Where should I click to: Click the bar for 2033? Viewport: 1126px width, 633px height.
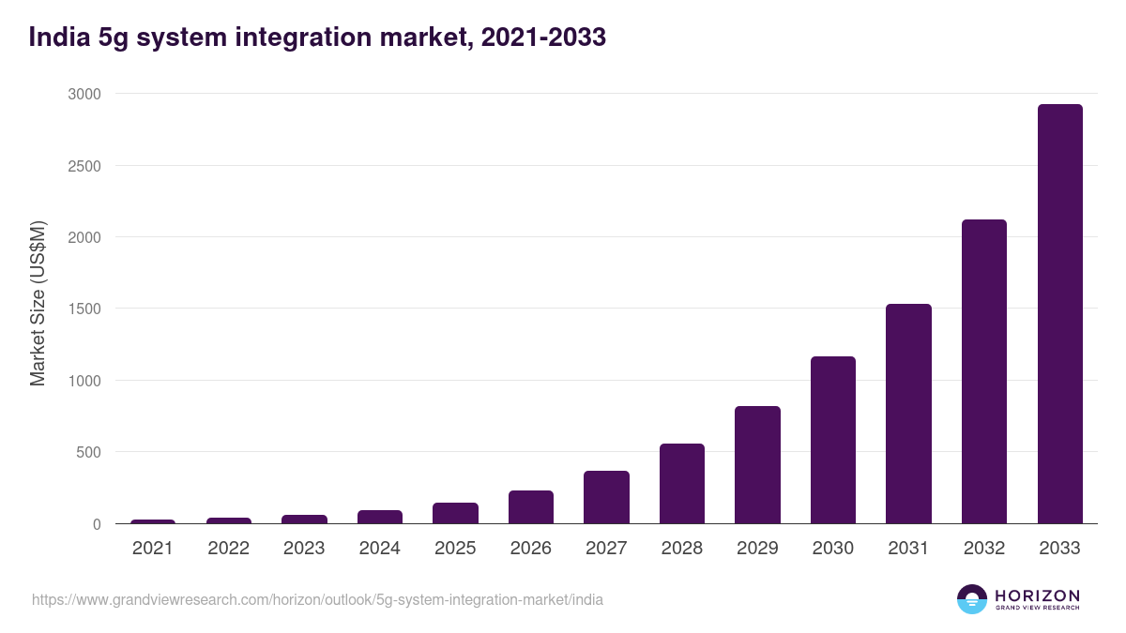click(x=1059, y=314)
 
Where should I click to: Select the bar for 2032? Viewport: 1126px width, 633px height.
click(x=983, y=371)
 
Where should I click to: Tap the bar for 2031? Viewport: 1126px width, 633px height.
click(x=908, y=414)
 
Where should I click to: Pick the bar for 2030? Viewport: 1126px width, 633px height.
click(x=832, y=440)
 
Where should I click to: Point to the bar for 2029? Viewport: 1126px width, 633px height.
click(x=757, y=464)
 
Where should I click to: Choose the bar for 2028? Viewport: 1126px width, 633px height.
click(x=681, y=483)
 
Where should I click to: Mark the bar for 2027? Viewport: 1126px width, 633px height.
click(x=606, y=497)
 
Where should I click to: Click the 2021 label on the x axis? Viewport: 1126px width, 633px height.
click(x=152, y=549)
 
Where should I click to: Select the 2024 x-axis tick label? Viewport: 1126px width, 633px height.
click(x=379, y=549)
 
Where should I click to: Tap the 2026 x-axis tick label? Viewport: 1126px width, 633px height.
click(x=530, y=549)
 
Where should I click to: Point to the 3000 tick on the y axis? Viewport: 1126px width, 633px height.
click(x=84, y=94)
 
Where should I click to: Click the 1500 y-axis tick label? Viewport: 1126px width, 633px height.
click(x=84, y=309)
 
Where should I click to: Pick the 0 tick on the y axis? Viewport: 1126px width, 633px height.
click(x=97, y=524)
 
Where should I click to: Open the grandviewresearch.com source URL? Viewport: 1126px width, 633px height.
click(x=317, y=599)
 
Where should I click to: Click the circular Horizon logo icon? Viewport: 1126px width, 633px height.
click(x=972, y=599)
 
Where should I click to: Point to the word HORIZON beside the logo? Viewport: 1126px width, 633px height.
click(x=1037, y=595)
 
